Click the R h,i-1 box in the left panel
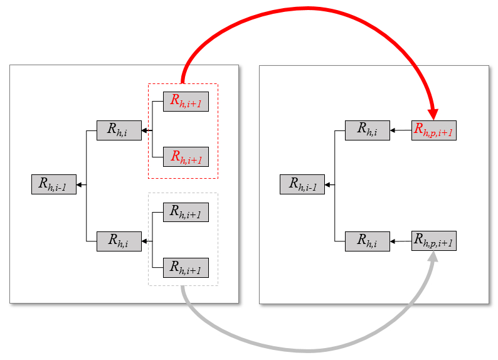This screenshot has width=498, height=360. click(54, 184)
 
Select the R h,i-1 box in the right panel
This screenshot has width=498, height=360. click(302, 184)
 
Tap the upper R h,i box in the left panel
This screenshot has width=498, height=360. click(119, 130)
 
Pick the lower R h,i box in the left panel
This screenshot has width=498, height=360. click(119, 241)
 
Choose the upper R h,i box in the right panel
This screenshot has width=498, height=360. click(368, 130)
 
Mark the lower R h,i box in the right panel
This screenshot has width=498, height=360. click(368, 241)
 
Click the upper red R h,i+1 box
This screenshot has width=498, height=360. click(186, 102)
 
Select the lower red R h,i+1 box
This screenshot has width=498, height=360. click(186, 156)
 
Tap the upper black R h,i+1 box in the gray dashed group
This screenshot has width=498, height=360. click(186, 212)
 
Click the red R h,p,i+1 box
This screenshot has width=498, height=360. click(433, 130)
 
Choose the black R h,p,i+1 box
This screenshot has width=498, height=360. click(433, 241)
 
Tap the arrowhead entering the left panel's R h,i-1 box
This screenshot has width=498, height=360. click(80, 184)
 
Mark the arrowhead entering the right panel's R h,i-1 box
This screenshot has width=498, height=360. click(328, 184)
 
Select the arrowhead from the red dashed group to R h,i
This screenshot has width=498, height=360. click(145, 130)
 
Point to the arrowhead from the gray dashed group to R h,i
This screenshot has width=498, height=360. click(145, 241)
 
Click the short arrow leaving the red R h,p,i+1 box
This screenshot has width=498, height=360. click(400, 130)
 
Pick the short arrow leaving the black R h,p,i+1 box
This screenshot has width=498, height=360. click(400, 241)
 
